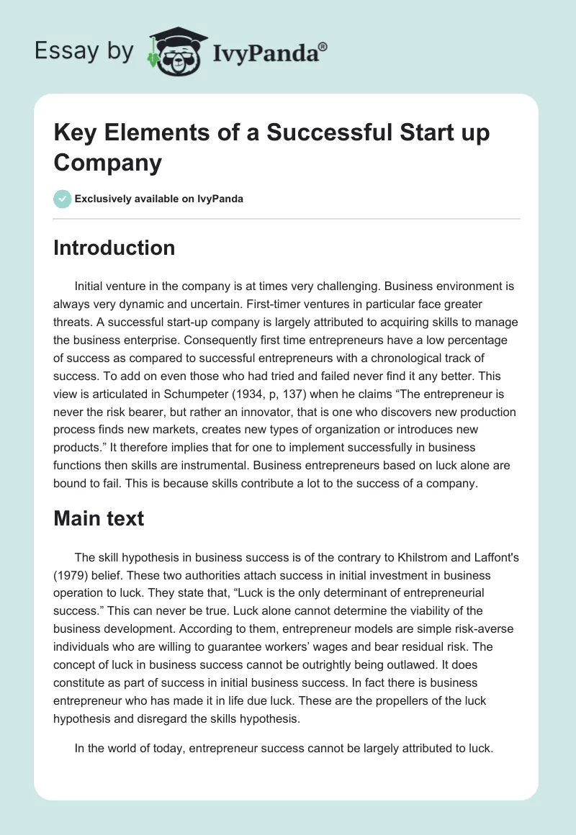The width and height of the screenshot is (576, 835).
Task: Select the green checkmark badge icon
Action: point(63,199)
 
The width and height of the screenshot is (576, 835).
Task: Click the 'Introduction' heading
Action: point(114,248)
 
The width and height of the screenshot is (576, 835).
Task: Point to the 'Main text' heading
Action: point(99,518)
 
